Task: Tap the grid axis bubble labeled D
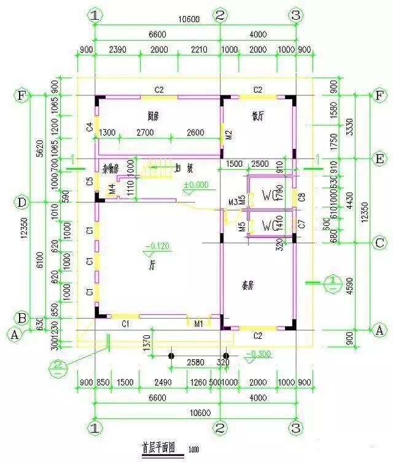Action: click(x=22, y=202)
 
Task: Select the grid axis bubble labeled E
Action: click(x=379, y=158)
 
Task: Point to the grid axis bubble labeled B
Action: click(x=22, y=318)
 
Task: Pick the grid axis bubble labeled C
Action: click(x=379, y=242)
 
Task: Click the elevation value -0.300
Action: click(x=256, y=355)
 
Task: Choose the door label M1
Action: click(x=198, y=323)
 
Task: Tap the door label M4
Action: click(x=112, y=189)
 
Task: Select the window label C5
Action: click(x=90, y=181)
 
